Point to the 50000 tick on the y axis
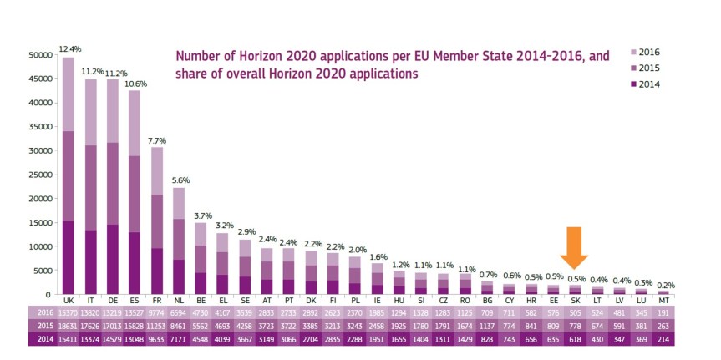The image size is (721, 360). click(x=38, y=55)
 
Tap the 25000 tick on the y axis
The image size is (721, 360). click(x=38, y=175)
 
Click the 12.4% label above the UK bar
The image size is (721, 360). click(x=69, y=50)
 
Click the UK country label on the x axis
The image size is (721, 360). click(x=69, y=299)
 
